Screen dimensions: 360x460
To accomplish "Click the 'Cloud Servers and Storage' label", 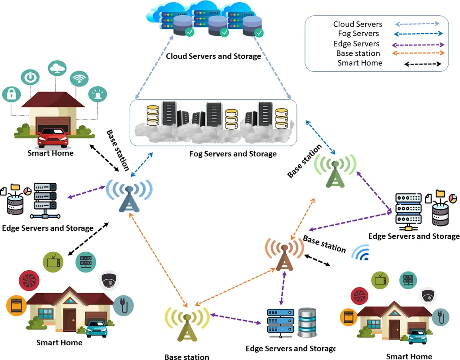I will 213,57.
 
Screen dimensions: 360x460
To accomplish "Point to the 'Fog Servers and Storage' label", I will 233,154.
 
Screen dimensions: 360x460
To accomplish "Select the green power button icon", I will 30,77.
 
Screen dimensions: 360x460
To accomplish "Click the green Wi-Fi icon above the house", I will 79,79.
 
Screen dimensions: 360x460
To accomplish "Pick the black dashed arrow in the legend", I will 423,64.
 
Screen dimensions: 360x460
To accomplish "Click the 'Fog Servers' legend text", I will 358,34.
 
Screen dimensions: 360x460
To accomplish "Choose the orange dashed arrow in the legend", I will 418,53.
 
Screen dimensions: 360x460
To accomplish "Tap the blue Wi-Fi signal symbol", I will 361,254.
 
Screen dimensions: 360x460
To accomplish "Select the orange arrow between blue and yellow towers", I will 158,260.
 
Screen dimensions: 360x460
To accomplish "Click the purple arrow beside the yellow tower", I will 236,319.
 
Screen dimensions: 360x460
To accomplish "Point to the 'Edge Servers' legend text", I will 357,44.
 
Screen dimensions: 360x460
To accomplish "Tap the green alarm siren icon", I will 98,95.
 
